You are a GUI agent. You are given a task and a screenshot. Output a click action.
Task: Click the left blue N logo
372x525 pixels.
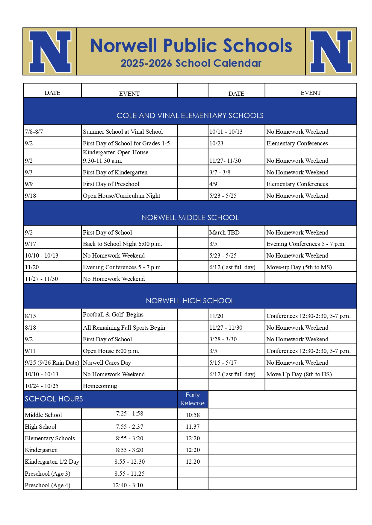50,51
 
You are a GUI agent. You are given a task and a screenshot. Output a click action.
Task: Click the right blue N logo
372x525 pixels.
331,51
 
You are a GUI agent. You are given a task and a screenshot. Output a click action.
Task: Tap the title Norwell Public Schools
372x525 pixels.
191,46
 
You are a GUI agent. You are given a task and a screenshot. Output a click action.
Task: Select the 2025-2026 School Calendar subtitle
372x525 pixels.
191,63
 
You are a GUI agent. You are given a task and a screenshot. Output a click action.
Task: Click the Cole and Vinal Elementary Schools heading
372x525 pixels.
190,115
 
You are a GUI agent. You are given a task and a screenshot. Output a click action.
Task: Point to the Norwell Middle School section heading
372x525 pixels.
190,217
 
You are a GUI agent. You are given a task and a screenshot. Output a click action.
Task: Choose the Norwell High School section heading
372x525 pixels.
190,301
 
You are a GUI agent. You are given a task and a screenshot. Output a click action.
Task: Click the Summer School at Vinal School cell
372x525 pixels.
123,132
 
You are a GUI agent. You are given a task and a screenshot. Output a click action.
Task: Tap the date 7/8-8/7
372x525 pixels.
34,132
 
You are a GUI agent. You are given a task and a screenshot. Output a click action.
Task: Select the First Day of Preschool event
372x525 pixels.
111,184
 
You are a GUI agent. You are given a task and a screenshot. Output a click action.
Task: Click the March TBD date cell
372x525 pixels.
224,232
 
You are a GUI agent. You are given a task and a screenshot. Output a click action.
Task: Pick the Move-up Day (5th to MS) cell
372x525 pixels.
299,267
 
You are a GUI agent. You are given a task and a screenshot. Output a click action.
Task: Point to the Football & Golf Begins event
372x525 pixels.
113,314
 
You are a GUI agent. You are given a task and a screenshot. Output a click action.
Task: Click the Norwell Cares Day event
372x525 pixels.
107,363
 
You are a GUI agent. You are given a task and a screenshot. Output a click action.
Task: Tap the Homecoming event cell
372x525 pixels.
100,386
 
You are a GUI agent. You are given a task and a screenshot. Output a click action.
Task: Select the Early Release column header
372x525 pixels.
193,399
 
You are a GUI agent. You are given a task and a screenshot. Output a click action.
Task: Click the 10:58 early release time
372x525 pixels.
193,415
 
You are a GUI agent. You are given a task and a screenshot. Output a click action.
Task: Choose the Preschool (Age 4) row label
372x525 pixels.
47,485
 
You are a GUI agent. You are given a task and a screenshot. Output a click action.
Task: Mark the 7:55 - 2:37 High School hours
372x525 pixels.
129,427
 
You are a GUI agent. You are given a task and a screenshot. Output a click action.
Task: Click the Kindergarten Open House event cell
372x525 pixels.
116,156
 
